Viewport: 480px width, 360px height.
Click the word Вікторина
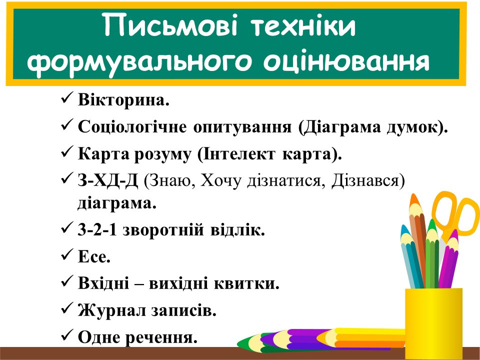123,100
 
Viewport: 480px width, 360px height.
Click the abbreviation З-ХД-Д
108,180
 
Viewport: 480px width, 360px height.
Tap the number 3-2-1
97,230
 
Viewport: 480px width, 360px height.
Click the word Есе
94,256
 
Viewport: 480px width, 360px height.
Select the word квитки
246,283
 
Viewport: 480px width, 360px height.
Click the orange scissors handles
454,211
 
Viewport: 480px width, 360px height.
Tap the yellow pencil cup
434,323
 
